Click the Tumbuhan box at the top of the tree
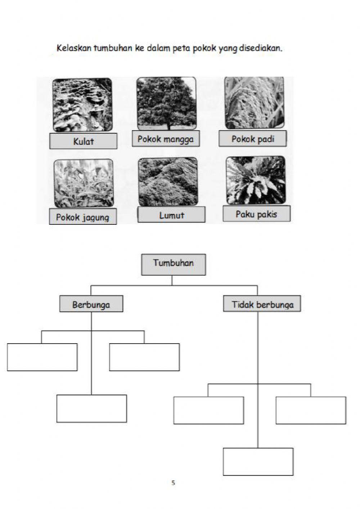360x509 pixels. click(173, 264)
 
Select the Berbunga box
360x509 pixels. click(91, 304)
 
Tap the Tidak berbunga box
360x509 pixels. click(262, 304)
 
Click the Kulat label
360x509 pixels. click(83, 141)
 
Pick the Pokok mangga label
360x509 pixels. click(166, 139)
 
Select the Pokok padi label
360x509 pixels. click(253, 139)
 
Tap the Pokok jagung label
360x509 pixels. click(82, 217)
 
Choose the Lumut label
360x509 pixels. click(171, 215)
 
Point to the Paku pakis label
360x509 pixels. click(256, 214)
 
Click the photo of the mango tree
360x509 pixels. click(166, 104)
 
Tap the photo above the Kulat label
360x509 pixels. click(82, 105)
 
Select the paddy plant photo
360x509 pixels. click(254, 103)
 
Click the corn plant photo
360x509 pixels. click(83, 183)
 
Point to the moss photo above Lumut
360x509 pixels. click(168, 182)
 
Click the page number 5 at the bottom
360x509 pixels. click(173, 483)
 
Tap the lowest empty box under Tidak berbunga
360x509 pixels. click(258, 461)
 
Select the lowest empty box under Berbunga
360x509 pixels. click(91, 408)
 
